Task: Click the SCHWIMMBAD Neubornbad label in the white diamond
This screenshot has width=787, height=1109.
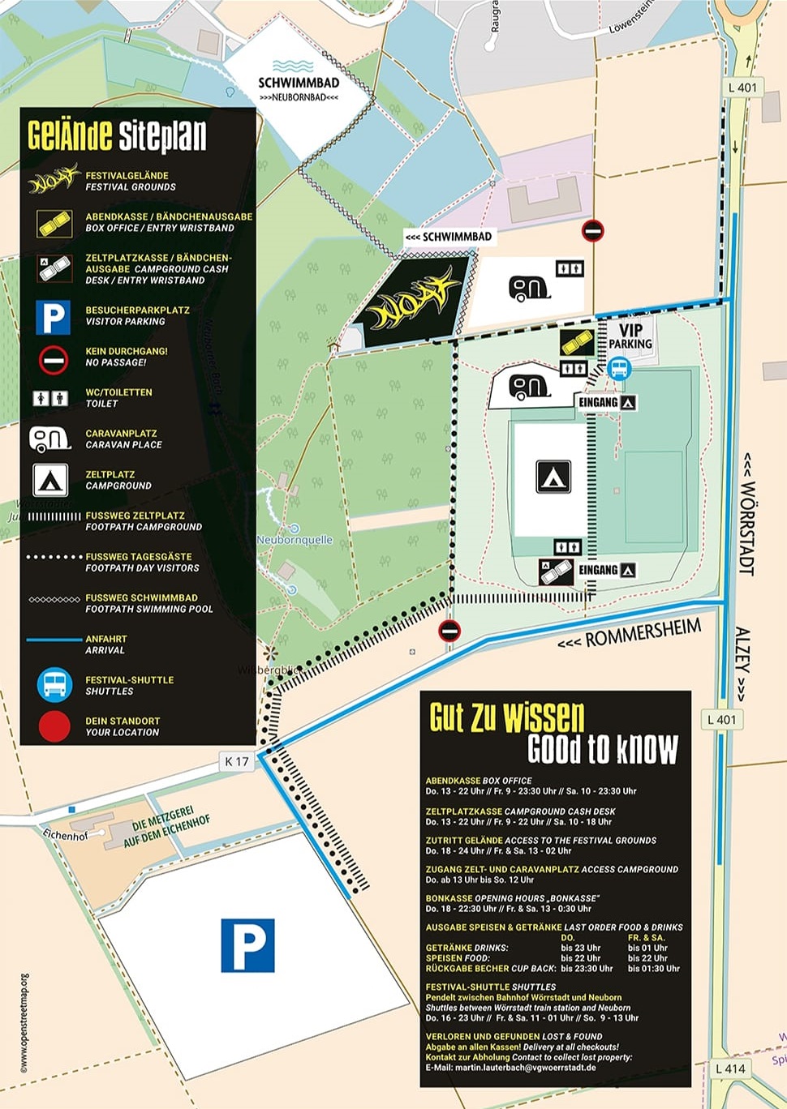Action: (299, 87)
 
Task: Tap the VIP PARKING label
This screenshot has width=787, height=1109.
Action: (630, 336)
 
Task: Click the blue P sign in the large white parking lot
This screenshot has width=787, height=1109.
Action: (247, 945)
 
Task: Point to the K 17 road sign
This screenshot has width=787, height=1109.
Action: (237, 761)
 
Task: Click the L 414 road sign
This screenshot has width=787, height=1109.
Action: (730, 1068)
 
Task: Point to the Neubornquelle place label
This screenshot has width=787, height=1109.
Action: (295, 540)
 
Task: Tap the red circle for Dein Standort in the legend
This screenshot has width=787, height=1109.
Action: (54, 726)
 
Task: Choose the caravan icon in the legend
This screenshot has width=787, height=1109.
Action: (50, 439)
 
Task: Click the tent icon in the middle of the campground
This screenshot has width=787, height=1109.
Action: (553, 477)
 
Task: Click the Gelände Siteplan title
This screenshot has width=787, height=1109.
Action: (117, 135)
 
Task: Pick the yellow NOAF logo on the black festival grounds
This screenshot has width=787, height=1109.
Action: (413, 302)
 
